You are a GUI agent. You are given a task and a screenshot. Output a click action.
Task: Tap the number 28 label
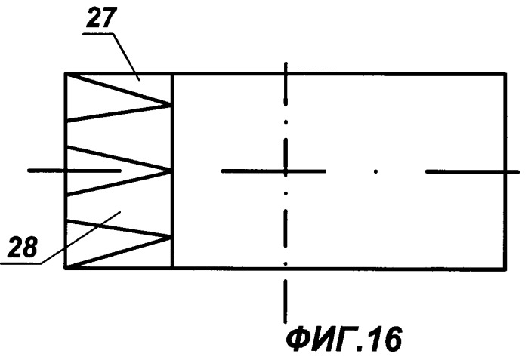[23, 247]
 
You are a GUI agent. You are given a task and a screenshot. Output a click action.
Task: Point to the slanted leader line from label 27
[127, 57]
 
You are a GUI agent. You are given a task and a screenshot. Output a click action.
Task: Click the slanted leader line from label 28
[80, 238]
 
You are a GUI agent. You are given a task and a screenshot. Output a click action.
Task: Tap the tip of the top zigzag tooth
[171, 104]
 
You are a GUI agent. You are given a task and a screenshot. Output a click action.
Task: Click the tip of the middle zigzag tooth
[171, 171]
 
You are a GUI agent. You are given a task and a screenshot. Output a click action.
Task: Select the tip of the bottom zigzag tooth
[171, 236]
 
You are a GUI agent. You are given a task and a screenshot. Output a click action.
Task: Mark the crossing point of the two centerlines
[286, 171]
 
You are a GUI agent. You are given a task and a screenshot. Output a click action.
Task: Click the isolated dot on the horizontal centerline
[376, 171]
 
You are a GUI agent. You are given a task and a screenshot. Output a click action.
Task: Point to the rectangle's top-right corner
[505, 74]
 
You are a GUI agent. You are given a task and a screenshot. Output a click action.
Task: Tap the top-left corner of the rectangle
[66, 74]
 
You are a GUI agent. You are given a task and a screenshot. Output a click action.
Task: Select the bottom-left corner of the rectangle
[66, 268]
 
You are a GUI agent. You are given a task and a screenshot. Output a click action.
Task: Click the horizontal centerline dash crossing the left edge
[74, 171]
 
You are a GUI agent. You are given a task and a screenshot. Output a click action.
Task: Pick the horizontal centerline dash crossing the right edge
[472, 171]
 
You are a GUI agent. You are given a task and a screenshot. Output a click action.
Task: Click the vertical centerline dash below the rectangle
[286, 300]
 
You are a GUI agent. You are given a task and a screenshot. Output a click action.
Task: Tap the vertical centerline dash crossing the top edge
[286, 84]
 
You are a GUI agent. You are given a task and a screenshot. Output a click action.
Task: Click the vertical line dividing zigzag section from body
[172, 171]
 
